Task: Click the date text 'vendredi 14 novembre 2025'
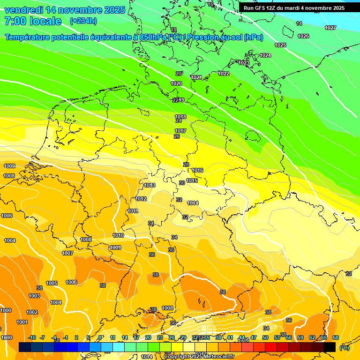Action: pyautogui.click(x=65, y=10)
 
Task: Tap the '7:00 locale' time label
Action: pyautogui.click(x=33, y=21)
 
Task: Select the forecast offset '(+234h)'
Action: pyautogui.click(x=83, y=21)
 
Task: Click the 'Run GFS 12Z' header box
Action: pyautogui.click(x=294, y=8)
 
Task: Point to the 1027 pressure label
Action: pyautogui.click(x=330, y=28)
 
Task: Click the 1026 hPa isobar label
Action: pyautogui.click(x=303, y=36)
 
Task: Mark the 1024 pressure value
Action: pyautogui.click(x=265, y=55)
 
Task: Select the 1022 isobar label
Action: pyautogui.click(x=224, y=74)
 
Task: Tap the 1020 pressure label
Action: pyautogui.click(x=176, y=83)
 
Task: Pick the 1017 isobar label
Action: pyautogui.click(x=180, y=131)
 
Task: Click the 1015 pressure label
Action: pyautogui.click(x=192, y=180)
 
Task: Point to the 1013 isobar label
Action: pyautogui.click(x=150, y=186)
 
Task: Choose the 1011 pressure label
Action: pyautogui.click(x=133, y=211)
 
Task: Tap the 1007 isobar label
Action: pyautogui.click(x=67, y=253)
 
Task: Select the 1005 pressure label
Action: pyautogui.click(x=52, y=283)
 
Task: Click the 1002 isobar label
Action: pyautogui.click(x=32, y=312)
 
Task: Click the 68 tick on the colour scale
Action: pyautogui.click(x=336, y=337)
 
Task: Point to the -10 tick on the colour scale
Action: pyautogui.click(x=32, y=337)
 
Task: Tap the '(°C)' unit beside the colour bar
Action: pyautogui.click(x=345, y=348)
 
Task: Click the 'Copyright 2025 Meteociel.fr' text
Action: pyautogui.click(x=198, y=356)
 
